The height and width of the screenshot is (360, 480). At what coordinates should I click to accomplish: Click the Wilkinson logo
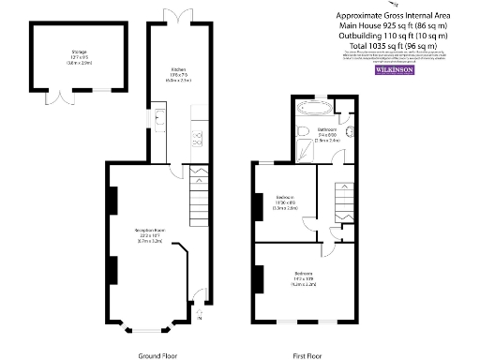[393, 70]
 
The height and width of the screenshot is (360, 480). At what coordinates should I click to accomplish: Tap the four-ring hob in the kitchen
[199, 141]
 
